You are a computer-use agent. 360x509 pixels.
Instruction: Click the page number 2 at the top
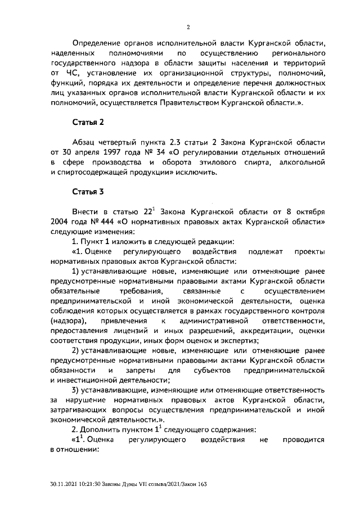[188, 26]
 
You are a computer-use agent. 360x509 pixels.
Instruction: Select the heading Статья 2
[88, 121]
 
